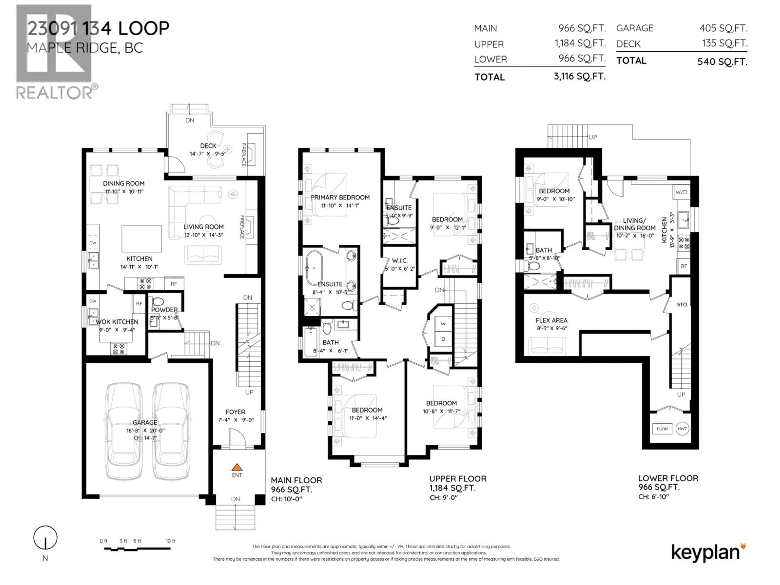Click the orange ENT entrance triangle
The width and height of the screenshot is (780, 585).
click(237, 467)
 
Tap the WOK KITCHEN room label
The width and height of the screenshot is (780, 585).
click(117, 322)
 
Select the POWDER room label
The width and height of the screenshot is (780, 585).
click(164, 310)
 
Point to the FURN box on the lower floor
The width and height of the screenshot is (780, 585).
click(662, 429)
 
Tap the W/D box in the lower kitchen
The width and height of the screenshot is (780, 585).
click(681, 192)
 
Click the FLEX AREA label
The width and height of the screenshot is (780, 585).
click(551, 320)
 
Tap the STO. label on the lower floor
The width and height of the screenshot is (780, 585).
click(682, 304)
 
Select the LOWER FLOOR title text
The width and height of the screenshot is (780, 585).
click(668, 478)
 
